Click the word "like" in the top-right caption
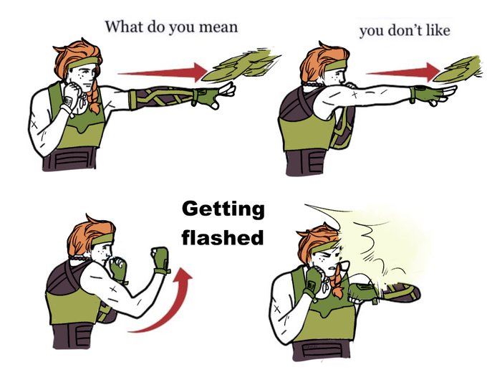[x=438, y=31]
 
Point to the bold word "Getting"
[x=223, y=209]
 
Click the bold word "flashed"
[x=223, y=237]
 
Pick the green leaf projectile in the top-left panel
[x=241, y=65]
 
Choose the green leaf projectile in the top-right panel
[x=459, y=69]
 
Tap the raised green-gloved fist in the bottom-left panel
[x=160, y=260]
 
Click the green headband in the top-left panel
[x=84, y=62]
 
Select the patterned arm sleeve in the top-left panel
[x=162, y=98]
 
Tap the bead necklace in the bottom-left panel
[x=79, y=258]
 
